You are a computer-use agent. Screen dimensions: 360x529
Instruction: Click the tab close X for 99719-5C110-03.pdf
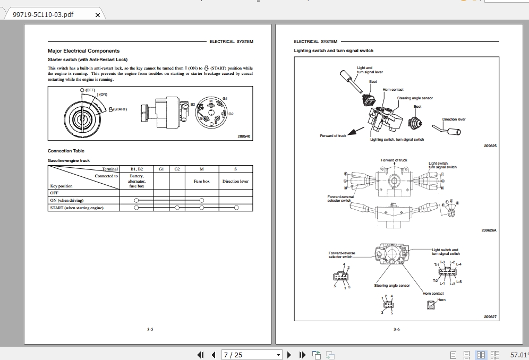[x=97, y=15]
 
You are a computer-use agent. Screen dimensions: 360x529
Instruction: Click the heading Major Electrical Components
[x=83, y=51]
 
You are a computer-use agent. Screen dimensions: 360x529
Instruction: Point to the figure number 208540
[x=244, y=136]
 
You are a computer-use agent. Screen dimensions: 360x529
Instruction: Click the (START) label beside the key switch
[x=120, y=109]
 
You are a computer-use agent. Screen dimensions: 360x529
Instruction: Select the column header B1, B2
[x=136, y=169]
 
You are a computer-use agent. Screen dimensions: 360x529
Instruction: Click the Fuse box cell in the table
[x=201, y=182]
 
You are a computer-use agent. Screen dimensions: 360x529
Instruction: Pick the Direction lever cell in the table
[x=235, y=182]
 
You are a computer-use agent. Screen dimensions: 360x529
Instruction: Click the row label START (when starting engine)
[x=76, y=208]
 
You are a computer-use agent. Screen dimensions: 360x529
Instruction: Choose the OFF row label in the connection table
[x=54, y=193]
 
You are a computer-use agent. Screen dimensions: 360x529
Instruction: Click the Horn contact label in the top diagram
[x=393, y=90]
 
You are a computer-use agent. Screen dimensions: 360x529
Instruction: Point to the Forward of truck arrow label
[x=333, y=136]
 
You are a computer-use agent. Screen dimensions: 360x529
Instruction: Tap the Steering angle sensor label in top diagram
[x=415, y=98]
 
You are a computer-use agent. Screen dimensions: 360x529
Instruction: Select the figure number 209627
[x=490, y=317]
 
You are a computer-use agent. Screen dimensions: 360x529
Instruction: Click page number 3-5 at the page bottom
[x=150, y=330]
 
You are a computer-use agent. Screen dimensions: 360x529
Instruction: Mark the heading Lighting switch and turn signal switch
[x=334, y=50]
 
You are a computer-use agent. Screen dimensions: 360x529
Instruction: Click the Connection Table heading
[x=66, y=151]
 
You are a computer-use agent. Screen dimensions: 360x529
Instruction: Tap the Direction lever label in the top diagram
[x=454, y=119]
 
